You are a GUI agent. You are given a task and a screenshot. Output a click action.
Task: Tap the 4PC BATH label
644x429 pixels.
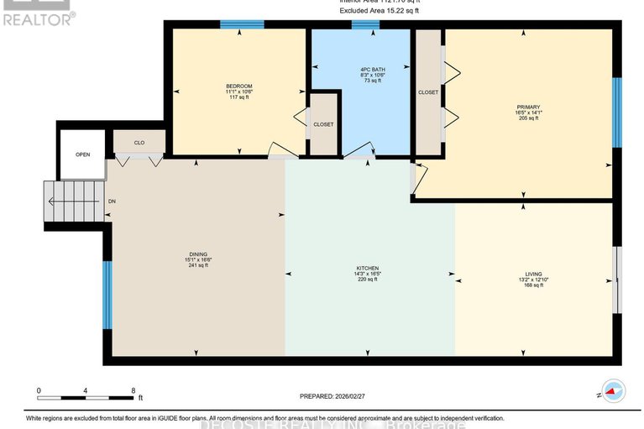pos(360,69)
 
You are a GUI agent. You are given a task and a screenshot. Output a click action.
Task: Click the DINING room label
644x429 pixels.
pos(198,253)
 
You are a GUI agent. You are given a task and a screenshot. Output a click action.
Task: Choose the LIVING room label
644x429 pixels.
pos(533,274)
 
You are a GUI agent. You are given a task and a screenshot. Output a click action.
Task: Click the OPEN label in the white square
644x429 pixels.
pos(82,154)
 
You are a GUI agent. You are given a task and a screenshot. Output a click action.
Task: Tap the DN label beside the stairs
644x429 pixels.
pos(112,201)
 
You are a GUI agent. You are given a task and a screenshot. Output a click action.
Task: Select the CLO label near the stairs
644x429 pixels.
pos(139,143)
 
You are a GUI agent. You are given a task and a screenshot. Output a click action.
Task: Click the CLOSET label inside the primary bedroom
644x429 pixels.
pos(428,92)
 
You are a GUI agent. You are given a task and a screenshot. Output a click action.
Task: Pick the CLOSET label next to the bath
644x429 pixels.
pos(323,124)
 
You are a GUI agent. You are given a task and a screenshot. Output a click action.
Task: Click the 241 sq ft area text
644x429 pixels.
pos(198,265)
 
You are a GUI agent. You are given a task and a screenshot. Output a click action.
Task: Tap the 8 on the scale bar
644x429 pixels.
pos(134,390)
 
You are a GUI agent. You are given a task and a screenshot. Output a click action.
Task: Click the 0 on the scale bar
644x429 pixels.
pos(39,390)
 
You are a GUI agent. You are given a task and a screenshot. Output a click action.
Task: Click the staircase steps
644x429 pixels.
pos(74,201)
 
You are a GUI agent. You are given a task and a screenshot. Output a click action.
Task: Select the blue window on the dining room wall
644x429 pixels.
pos(107,295)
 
